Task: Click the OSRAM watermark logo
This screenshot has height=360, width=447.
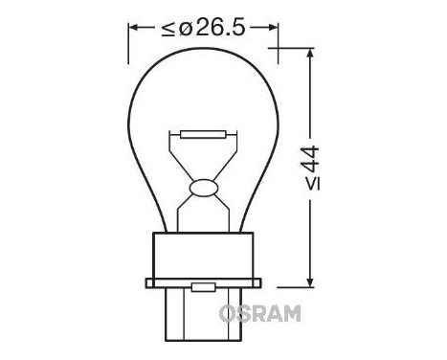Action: (259, 311)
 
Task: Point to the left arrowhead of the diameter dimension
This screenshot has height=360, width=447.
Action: (133, 29)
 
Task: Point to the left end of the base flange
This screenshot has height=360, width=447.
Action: (146, 283)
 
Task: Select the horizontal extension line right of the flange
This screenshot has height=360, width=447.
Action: (292, 284)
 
